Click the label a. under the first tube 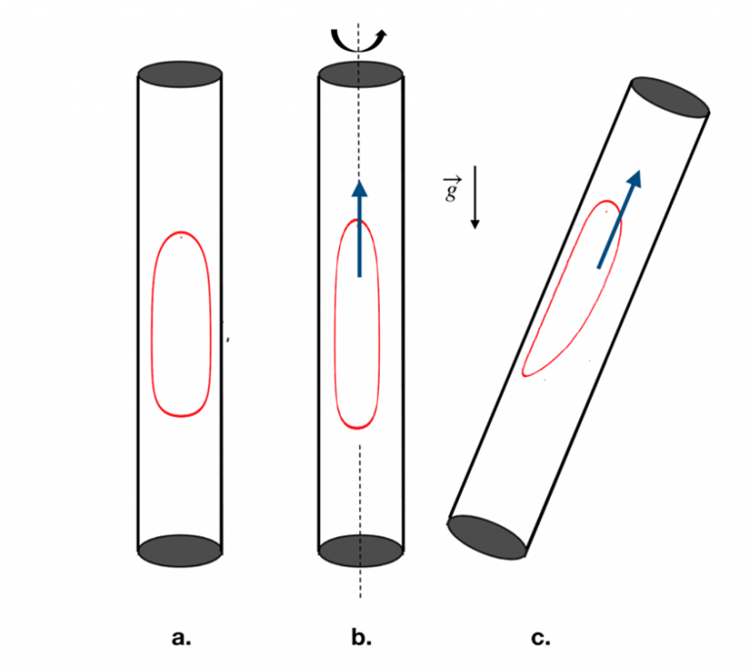[181, 639]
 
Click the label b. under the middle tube [361, 639]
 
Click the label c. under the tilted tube [540, 639]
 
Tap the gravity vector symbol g [450, 189]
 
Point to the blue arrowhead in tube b [359, 190]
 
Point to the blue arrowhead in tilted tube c [635, 180]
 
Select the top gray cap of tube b [360, 74]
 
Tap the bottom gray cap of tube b [360, 551]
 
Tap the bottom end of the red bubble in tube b [357, 428]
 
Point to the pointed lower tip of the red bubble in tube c [525, 373]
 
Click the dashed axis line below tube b [360, 582]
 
